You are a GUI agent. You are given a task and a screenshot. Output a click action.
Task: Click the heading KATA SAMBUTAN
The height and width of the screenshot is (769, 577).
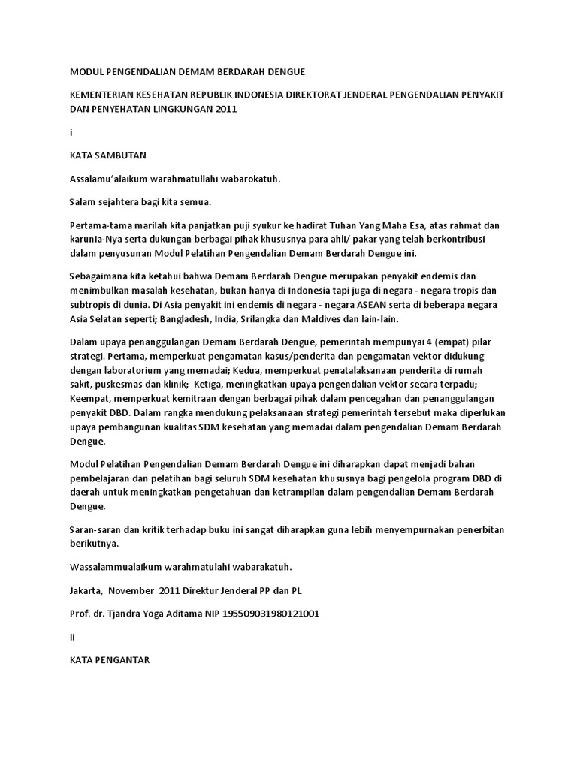[107, 156]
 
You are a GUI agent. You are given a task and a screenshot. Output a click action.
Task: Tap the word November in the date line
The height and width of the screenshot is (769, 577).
[132, 590]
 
